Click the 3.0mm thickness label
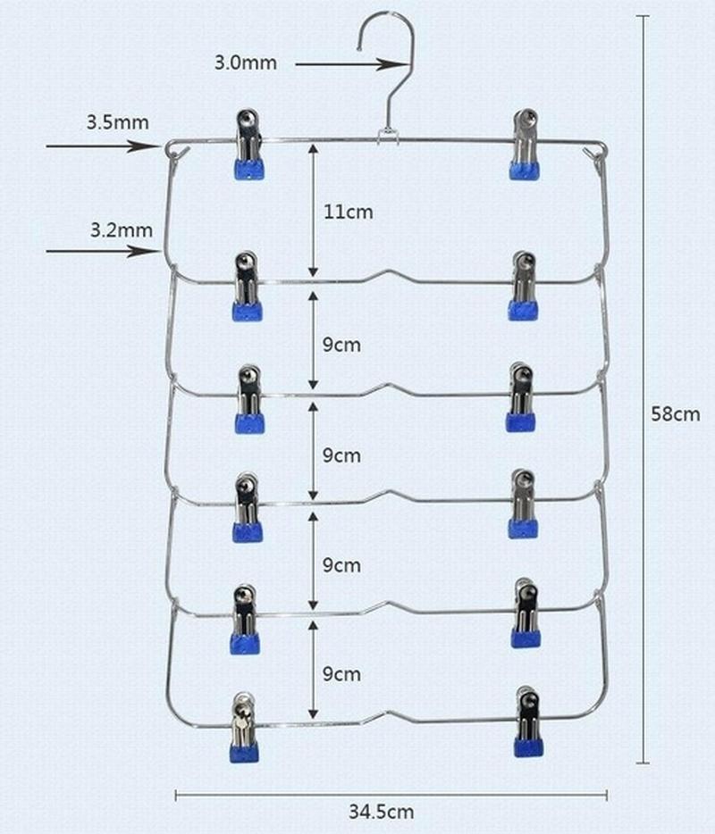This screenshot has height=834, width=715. click(x=245, y=63)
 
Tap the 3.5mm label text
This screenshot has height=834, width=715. click(x=117, y=122)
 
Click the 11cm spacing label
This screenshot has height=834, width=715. click(x=348, y=212)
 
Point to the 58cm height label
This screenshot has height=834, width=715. click(x=675, y=413)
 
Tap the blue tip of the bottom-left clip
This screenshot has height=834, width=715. click(x=244, y=752)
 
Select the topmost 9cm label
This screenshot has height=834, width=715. click(x=341, y=345)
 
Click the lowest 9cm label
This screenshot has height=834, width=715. click(x=341, y=674)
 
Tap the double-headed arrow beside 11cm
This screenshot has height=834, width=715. click(x=313, y=212)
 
